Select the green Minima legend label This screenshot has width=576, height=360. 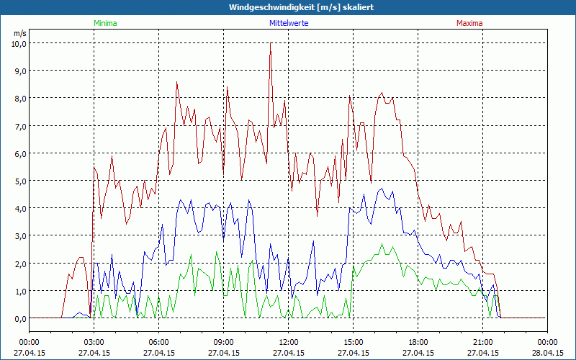coord(105,23)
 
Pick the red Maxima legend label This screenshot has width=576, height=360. coord(469,23)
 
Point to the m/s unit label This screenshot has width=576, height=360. coord(19,33)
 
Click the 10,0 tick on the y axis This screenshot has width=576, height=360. coord(18,43)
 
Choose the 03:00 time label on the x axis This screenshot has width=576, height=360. coord(94,342)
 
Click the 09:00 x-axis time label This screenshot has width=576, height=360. coord(224,342)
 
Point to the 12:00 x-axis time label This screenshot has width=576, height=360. coord(289,342)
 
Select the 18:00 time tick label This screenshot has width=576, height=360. coord(418,342)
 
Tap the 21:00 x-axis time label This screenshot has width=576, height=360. coord(483,342)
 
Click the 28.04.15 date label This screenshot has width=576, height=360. coord(548,353)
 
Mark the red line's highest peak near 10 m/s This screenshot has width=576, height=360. coord(271,44)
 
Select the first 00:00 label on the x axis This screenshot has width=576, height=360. coord(30,342)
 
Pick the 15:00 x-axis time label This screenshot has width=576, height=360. coord(354,342)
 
